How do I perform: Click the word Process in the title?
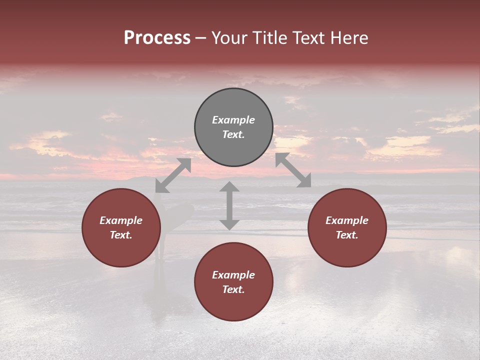[157, 38]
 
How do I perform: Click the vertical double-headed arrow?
[229, 205]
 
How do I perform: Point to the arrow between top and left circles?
[173, 175]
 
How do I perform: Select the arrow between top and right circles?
[293, 170]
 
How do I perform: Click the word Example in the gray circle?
[233, 120]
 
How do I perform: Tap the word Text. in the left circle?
[121, 235]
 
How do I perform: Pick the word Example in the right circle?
[347, 220]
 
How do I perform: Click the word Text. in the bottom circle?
[233, 289]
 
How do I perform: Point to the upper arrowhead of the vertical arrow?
[229, 187]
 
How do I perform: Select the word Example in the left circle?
[121, 220]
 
